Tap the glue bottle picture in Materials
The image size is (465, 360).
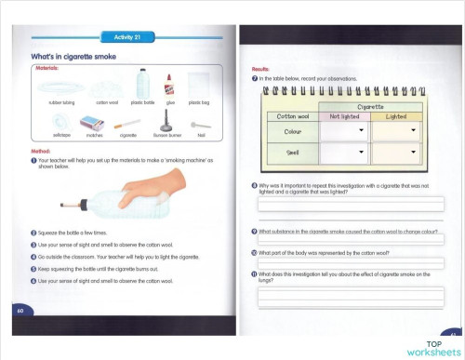(x=169, y=84)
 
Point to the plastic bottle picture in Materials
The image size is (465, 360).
(x=142, y=84)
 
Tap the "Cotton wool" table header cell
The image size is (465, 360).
(x=294, y=116)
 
